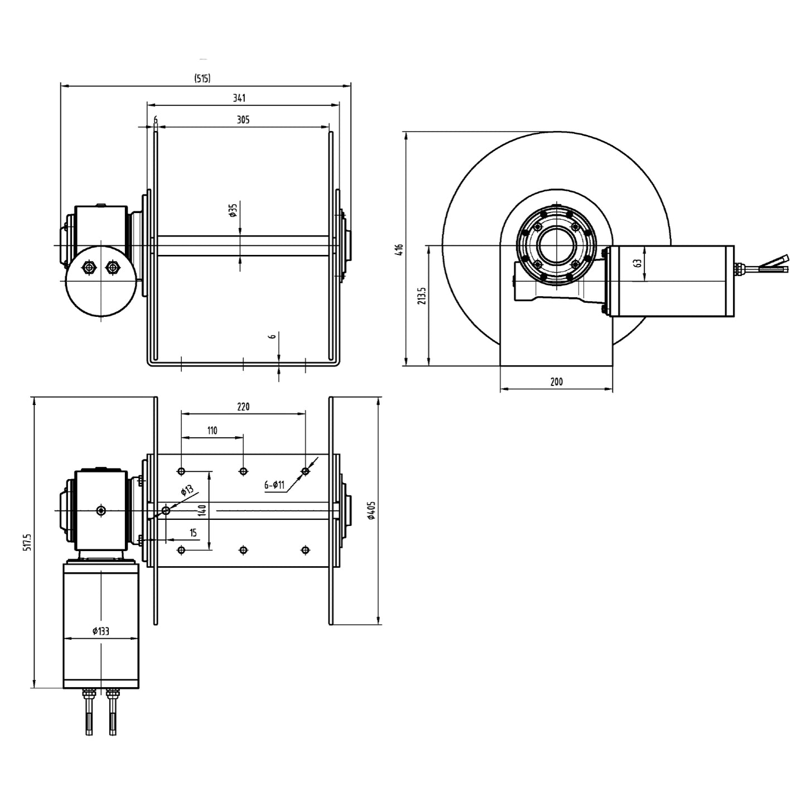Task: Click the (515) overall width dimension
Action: click(x=202, y=79)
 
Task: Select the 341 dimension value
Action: click(x=239, y=98)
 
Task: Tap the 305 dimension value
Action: click(x=243, y=119)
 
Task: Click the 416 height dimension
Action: click(x=399, y=249)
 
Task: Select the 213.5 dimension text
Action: click(x=421, y=296)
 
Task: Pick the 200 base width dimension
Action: click(x=556, y=382)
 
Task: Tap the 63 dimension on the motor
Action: click(x=638, y=263)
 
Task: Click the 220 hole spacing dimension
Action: click(x=243, y=407)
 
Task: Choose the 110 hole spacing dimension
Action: click(x=212, y=431)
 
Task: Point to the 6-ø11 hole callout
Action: click(x=274, y=485)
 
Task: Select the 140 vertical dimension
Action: click(x=202, y=510)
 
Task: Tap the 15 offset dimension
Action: click(x=193, y=533)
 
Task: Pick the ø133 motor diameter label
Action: click(x=101, y=631)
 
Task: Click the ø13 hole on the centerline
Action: click(x=166, y=510)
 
